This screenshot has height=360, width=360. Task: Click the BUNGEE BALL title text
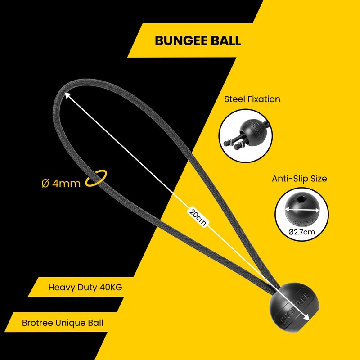click(x=198, y=40)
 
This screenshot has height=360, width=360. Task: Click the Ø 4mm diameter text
click(x=61, y=183)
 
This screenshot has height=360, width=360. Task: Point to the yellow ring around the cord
click(x=97, y=177)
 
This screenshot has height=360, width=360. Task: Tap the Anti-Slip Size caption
click(x=299, y=179)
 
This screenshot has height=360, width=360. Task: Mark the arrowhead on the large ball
click(x=307, y=318)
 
